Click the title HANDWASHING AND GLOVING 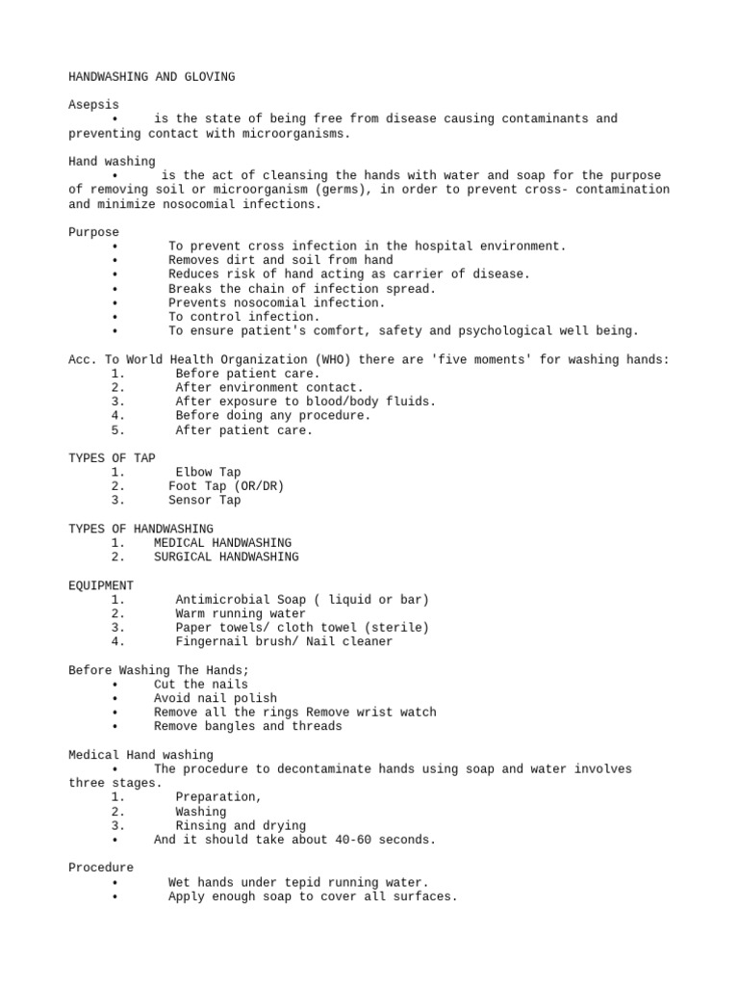click(151, 77)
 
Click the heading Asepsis click(94, 105)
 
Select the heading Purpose click(94, 232)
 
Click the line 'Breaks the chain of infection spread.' click(302, 289)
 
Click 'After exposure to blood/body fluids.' click(305, 402)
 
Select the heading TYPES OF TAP click(112, 458)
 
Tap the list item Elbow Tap click(208, 473)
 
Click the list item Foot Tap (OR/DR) click(226, 486)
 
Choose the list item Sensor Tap click(204, 501)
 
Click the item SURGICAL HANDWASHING click(226, 557)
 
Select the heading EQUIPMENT click(101, 585)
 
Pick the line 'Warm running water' click(241, 613)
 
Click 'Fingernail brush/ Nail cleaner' click(284, 641)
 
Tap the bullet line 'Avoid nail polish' click(216, 698)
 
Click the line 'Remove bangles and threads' click(247, 726)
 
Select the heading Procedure click(101, 868)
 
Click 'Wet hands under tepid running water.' click(298, 882)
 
